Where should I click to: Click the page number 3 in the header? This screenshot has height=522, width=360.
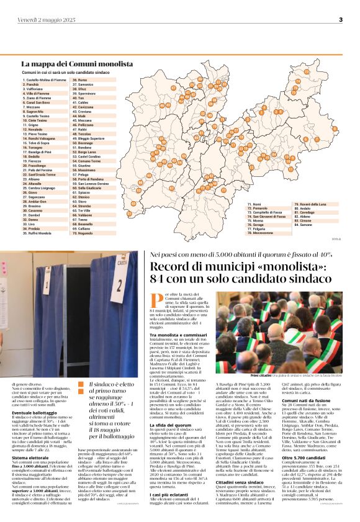pos(341,20)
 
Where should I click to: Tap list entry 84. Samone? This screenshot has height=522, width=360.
pos(303,225)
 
